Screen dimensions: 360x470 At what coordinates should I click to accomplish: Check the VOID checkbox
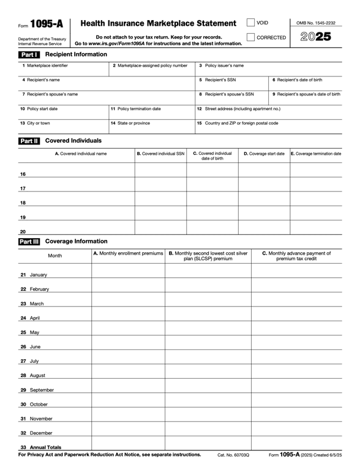click(x=251, y=23)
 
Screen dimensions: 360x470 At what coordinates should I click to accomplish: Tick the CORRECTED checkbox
click(x=251, y=37)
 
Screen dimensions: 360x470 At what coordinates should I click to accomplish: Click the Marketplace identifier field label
click(x=45, y=65)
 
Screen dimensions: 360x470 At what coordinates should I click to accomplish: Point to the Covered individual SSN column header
click(x=160, y=154)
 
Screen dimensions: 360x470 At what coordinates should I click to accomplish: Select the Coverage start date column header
click(x=264, y=154)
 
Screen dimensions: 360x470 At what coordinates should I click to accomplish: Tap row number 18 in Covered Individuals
click(x=23, y=203)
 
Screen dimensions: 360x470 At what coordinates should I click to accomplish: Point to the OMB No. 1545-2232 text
click(x=315, y=23)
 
